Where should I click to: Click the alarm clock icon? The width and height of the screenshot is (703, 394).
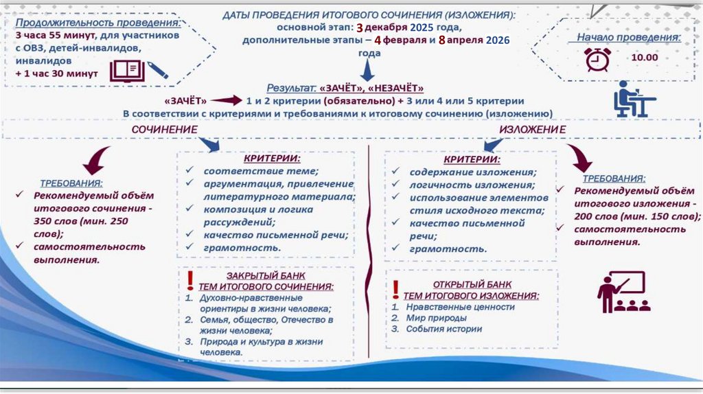tap(597, 60)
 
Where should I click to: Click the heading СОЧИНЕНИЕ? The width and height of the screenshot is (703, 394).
tap(165, 129)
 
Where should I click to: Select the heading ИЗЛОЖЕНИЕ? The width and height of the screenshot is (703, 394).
tap(532, 129)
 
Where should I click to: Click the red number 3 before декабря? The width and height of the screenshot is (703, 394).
tap(359, 27)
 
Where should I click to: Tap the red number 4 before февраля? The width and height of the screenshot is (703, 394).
tap(377, 40)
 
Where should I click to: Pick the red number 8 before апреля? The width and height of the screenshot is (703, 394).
tap(442, 40)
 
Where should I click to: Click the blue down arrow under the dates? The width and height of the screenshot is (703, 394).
tap(368, 69)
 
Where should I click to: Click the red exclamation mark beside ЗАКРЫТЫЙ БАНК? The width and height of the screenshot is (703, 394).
tap(190, 279)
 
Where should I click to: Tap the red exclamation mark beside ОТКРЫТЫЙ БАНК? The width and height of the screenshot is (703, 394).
tap(397, 286)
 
